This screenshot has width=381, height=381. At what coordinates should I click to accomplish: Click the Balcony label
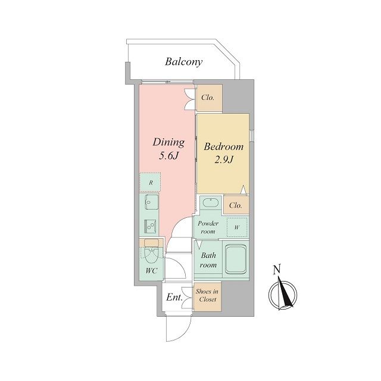[x=184, y=62]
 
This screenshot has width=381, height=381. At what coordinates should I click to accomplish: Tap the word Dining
[x=168, y=143]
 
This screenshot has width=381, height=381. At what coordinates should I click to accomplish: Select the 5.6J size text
[x=168, y=156]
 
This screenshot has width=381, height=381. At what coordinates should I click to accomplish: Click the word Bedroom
[x=224, y=146]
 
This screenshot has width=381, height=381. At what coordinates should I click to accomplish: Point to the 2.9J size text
[x=224, y=160]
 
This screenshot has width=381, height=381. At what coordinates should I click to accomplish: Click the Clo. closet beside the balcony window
[x=209, y=98]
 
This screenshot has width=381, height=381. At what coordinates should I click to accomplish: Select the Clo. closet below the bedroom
[x=236, y=205]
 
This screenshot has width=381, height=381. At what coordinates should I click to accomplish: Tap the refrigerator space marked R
[x=151, y=182]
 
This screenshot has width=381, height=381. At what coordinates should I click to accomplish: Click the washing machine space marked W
[x=237, y=227]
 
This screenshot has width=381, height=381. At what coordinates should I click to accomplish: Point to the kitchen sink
[x=151, y=201]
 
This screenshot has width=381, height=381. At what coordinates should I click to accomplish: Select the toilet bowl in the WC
[x=151, y=252]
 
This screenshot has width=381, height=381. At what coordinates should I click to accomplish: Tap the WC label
[x=151, y=271]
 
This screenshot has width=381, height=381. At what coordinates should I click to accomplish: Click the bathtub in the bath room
[x=236, y=259]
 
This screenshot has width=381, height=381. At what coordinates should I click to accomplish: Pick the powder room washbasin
[x=211, y=202]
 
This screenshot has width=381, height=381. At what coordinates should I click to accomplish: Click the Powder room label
[x=208, y=227]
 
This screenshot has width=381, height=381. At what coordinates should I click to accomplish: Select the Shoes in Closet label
[x=207, y=295]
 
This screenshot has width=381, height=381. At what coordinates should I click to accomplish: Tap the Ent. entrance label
[x=174, y=297]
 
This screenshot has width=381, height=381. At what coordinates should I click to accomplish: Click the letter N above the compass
[x=277, y=269]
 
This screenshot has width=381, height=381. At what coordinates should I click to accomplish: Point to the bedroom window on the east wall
[x=251, y=136]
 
